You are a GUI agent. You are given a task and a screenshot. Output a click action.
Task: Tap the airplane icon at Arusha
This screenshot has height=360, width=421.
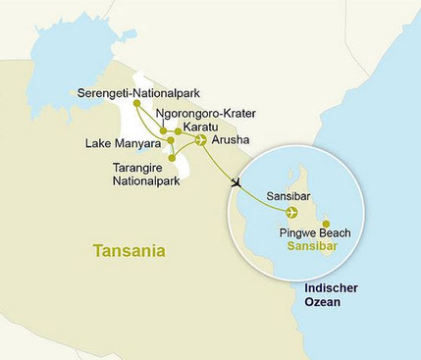[201, 139]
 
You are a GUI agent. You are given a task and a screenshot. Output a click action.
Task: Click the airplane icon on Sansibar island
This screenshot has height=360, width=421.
[290, 212]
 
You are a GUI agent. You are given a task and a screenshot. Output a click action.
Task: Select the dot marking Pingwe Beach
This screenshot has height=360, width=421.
[325, 222]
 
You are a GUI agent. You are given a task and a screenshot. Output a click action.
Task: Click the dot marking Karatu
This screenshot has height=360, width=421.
[178, 130]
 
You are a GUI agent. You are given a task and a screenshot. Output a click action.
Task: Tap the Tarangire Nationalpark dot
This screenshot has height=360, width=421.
[172, 156]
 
